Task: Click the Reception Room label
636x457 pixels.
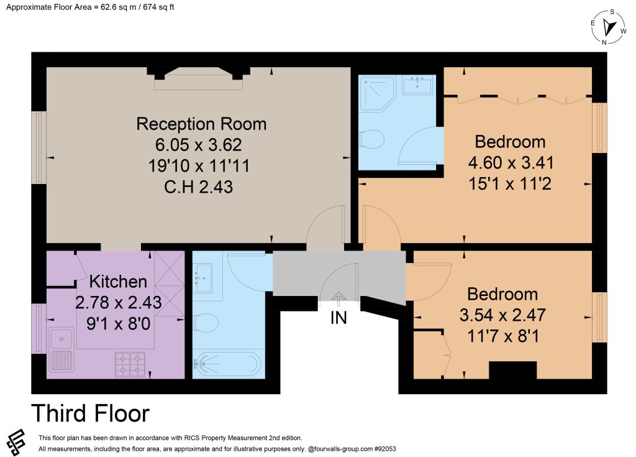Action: (201, 124)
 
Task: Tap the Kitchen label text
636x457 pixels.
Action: (118, 282)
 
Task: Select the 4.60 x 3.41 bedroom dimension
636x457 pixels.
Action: (511, 163)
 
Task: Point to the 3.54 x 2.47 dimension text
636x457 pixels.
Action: (502, 315)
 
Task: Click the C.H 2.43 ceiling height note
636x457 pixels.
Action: (199, 187)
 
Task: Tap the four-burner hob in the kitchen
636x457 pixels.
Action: (130, 364)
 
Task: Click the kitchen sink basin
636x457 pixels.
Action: (61, 339)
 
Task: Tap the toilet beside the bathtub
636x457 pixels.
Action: (206, 323)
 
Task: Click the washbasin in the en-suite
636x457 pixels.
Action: (417, 85)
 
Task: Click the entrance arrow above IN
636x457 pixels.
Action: (338, 298)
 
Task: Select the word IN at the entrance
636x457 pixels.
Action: (338, 318)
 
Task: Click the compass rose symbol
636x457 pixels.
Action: (609, 27)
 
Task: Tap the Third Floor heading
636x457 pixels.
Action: (91, 413)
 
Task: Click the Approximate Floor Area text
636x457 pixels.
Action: (90, 7)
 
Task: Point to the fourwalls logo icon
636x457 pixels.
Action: (16, 441)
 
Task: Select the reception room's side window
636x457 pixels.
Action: (39, 148)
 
